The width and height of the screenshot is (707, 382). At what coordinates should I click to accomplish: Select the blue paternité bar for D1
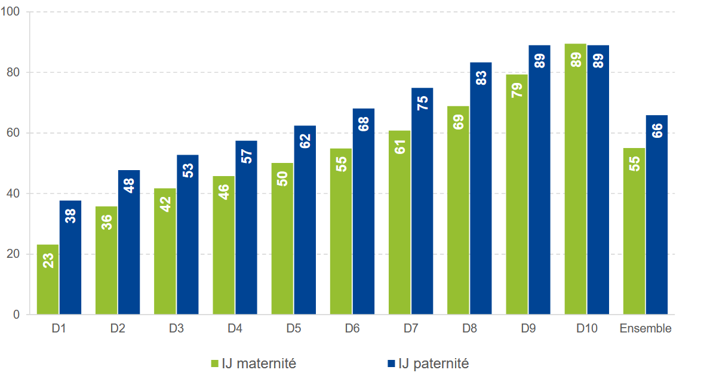tap(70, 257)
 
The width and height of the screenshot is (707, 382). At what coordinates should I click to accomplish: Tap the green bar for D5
tap(282, 238)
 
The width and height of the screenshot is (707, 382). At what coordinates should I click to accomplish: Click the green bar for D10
tap(576, 179)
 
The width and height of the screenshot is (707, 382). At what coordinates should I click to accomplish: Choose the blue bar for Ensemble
tap(657, 214)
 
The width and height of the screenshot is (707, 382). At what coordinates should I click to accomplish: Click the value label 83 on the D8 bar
tap(481, 78)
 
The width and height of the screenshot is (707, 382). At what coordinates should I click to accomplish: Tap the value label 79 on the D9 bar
tap(517, 90)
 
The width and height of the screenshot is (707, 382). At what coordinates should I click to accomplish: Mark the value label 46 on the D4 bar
tap(224, 192)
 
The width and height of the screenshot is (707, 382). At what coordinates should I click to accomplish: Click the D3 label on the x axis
tap(176, 329)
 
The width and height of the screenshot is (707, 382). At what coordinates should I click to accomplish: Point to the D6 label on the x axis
tap(352, 329)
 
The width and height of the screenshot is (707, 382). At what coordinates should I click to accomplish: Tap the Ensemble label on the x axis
tap(645, 329)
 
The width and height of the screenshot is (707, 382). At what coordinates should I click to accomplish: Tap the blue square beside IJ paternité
tap(391, 363)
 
